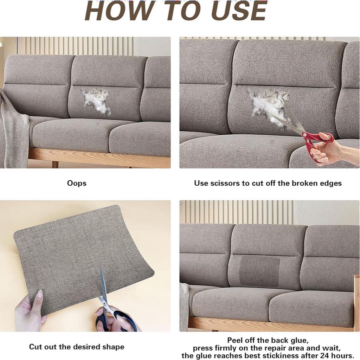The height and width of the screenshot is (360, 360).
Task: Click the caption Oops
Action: (x=77, y=183)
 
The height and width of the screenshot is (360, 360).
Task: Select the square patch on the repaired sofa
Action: (x=260, y=271)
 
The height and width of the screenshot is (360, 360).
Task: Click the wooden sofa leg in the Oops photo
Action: (x=55, y=165)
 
